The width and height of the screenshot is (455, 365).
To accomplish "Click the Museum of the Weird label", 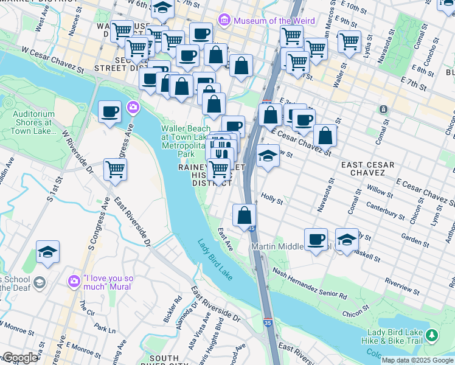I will [263, 21].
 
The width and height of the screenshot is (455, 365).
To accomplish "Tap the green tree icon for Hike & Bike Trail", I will [432, 335].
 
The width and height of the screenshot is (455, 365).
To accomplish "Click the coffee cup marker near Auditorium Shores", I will [110, 111].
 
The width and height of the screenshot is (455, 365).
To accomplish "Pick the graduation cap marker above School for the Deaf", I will [47, 251].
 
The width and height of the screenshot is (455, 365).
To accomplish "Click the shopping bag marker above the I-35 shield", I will [244, 215].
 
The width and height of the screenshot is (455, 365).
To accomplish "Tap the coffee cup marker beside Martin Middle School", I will [316, 239].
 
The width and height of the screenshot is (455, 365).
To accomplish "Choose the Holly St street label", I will [272, 199].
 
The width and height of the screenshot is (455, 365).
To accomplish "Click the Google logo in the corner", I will [20, 358].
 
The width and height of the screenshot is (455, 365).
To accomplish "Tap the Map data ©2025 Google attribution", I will [418, 360].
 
